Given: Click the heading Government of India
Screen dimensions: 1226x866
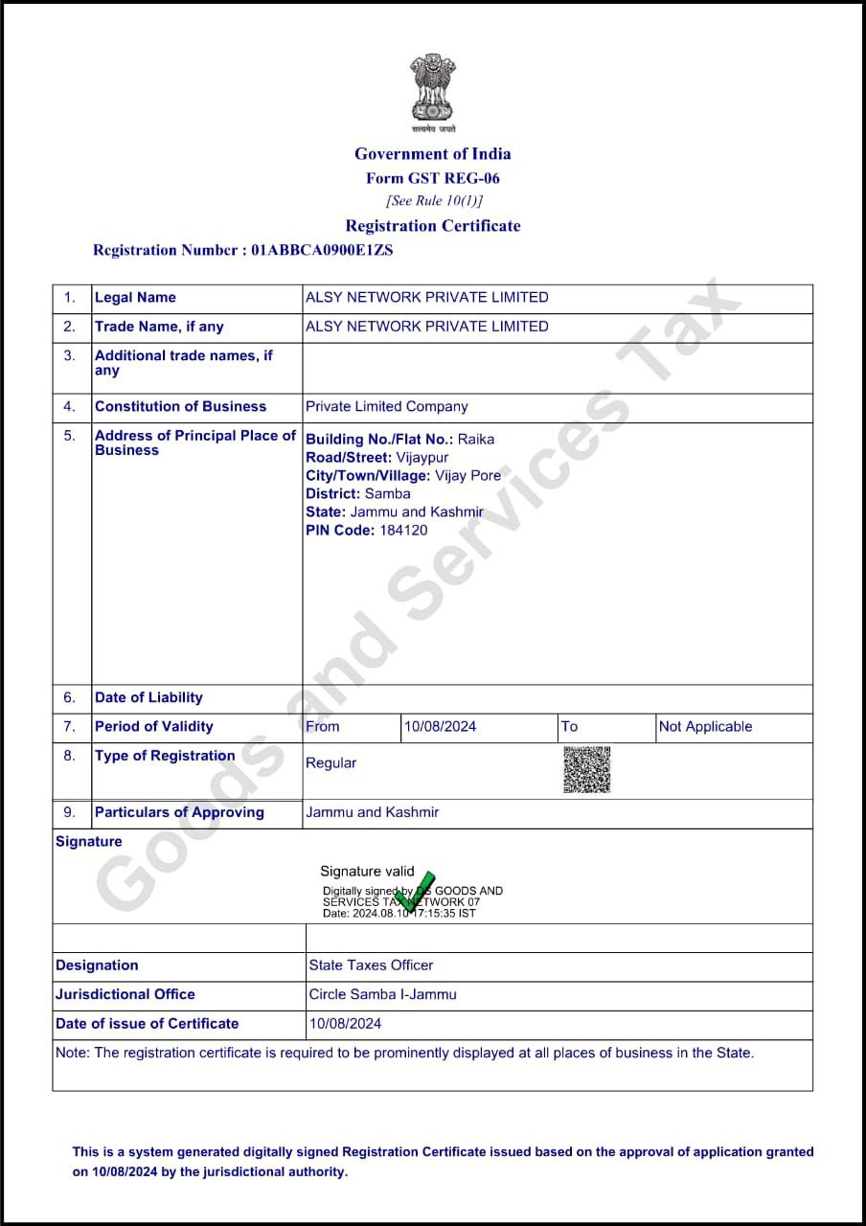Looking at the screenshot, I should (433, 154).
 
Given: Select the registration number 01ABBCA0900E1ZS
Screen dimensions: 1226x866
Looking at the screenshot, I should (322, 250).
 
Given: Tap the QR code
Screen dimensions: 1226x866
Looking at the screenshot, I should (586, 770).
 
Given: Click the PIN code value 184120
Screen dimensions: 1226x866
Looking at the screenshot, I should (403, 531).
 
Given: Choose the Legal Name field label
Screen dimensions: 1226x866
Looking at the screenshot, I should (135, 298).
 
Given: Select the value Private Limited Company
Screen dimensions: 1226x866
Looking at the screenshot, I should (386, 407).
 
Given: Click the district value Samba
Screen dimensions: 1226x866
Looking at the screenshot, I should (387, 494).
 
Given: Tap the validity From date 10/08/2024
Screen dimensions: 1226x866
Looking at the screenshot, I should (440, 727).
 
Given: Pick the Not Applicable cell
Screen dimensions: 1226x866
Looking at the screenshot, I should (705, 727).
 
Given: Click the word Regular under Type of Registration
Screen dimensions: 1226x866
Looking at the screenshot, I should (330, 763).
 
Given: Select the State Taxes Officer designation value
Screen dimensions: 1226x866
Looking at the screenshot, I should (371, 965).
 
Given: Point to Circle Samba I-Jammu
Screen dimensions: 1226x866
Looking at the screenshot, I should (382, 994).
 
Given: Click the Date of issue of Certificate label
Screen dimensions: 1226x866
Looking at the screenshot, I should (147, 1024).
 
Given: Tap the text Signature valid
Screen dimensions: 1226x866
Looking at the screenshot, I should (367, 872).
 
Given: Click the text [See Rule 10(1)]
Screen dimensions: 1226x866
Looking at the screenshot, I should (434, 201).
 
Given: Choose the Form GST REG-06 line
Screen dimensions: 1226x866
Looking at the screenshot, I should (433, 178).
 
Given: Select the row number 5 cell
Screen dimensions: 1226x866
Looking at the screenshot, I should (69, 436).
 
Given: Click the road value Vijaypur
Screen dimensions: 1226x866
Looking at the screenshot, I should (422, 458).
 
